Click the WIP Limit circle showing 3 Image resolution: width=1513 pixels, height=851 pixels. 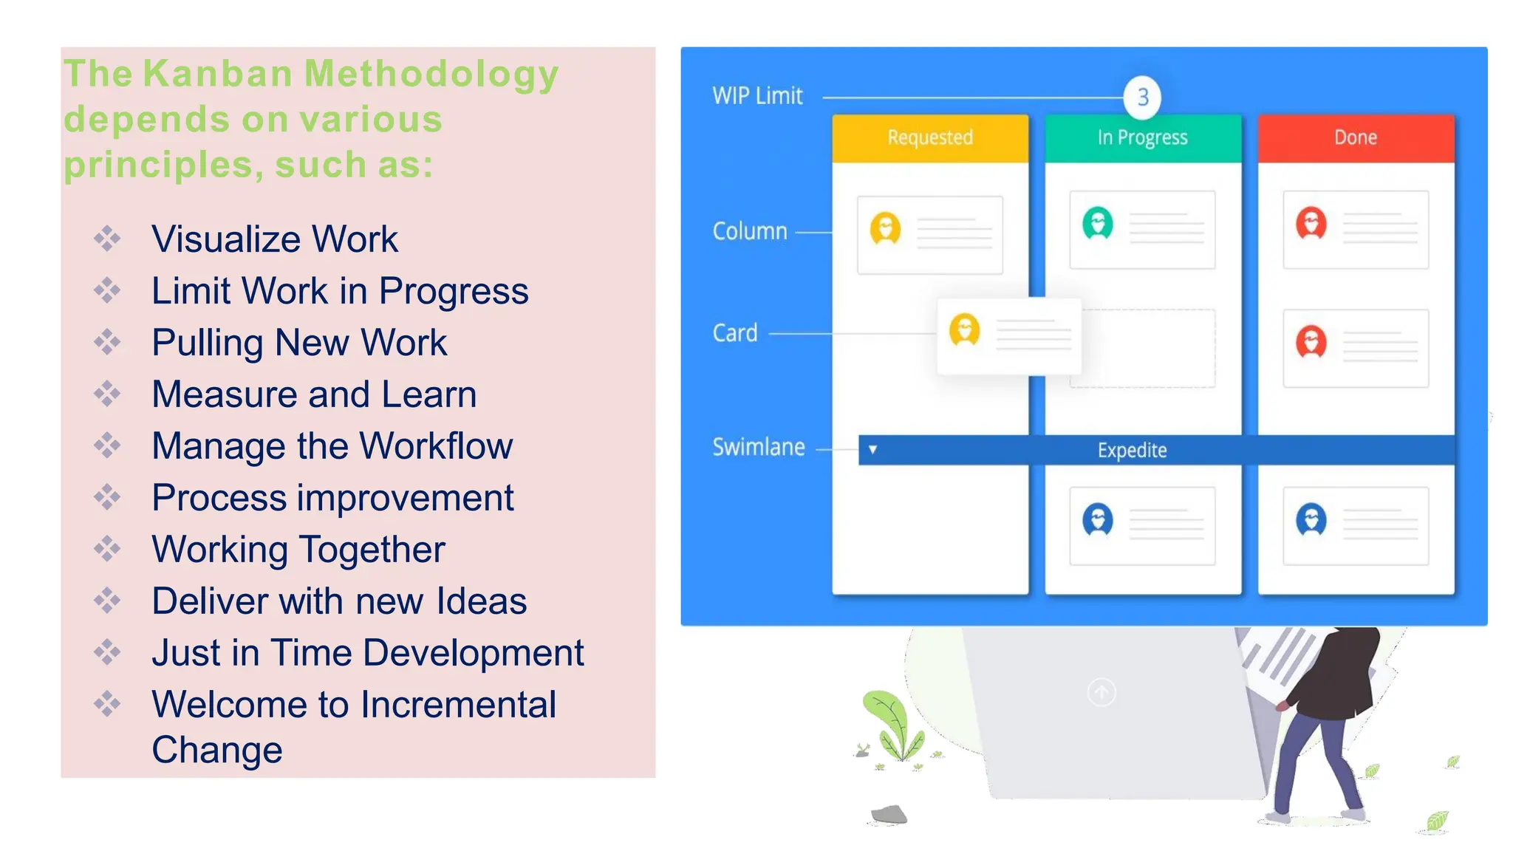coord(1142,97)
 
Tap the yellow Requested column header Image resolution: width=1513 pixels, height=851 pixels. coord(930,137)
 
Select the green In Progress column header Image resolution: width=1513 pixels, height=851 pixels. coord(1142,137)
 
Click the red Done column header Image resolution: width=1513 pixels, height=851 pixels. coord(1356,137)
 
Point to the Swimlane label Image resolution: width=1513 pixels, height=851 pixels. coord(758,447)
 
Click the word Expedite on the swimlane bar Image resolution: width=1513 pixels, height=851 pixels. coord(1132,450)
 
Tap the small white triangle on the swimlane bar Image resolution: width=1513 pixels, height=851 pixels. coord(872,449)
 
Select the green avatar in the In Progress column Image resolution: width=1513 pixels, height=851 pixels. coord(1098,223)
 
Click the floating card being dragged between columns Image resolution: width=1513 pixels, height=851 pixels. coord(1009,335)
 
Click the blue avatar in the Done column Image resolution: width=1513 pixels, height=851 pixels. coord(1311,519)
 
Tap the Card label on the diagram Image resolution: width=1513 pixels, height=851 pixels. coord(735,333)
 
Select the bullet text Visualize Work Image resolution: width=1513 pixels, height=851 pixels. coord(274,239)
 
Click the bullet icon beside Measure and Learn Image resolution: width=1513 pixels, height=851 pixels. coord(107,394)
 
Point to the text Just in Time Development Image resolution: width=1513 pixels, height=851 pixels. coord(367,653)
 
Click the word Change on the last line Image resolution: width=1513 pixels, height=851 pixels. coord(217,750)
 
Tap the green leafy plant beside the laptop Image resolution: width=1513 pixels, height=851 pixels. coord(894,724)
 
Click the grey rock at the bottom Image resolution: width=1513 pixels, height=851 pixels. coord(889,814)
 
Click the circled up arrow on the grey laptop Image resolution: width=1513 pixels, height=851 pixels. coord(1102,692)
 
